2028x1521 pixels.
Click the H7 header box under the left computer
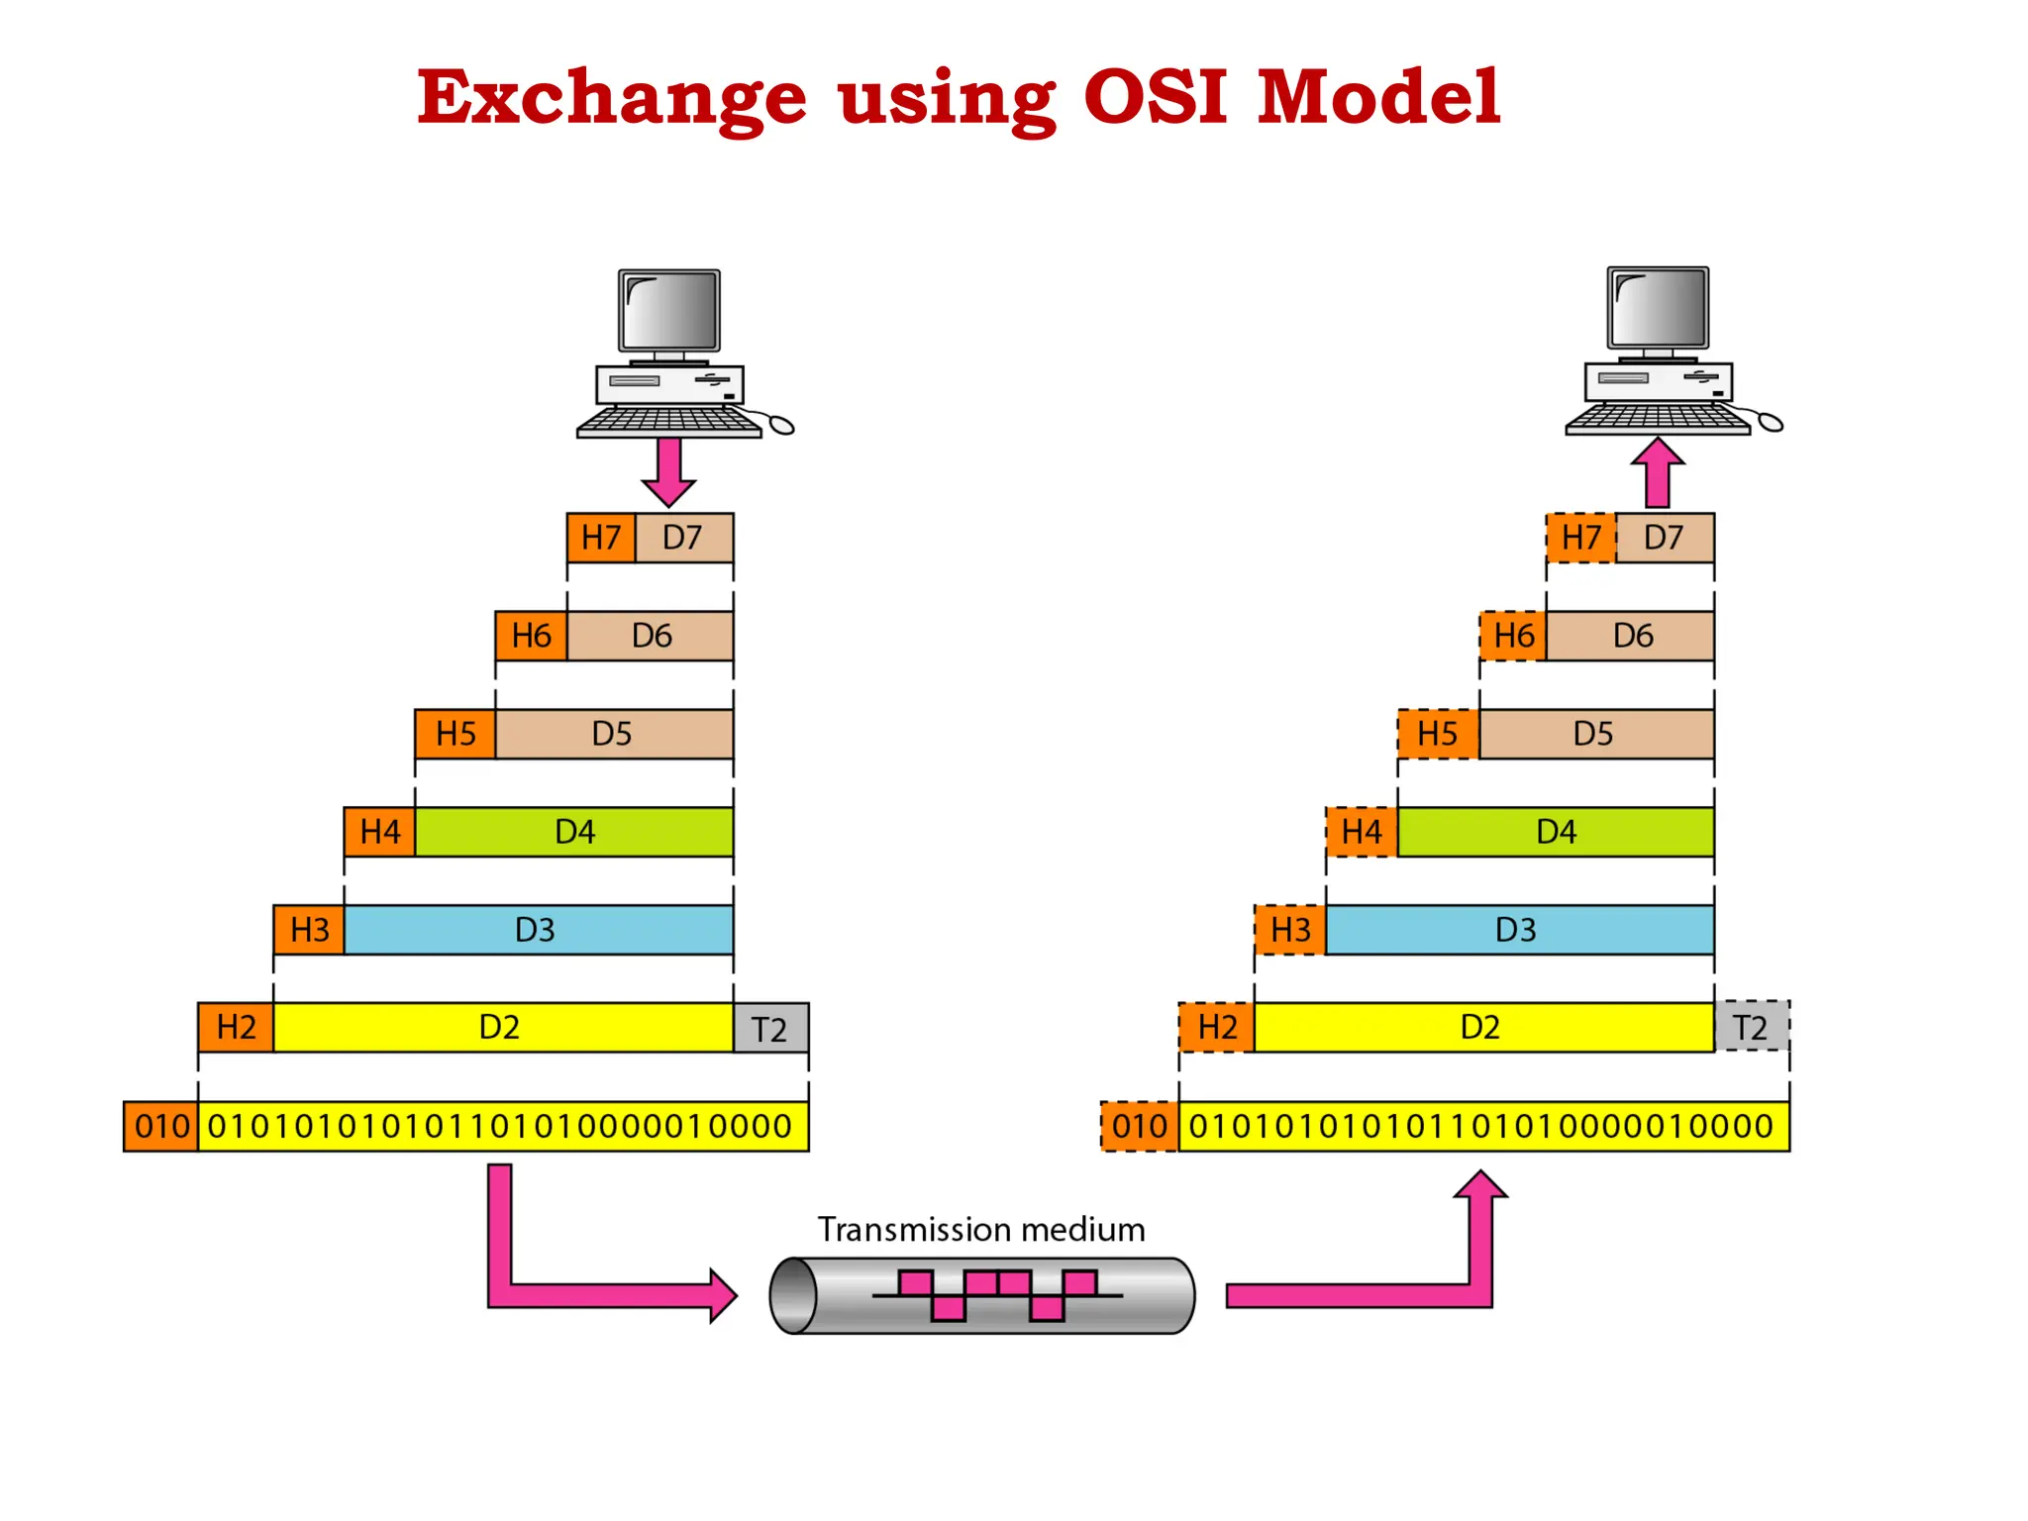tap(600, 538)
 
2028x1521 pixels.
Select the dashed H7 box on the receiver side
tap(1580, 538)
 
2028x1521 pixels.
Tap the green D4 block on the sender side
tap(574, 832)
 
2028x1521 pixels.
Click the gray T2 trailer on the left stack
tap(770, 1028)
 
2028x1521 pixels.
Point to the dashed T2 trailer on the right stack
tap(1751, 1027)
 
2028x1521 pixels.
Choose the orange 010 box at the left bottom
tap(160, 1126)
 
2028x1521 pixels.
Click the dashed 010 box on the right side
tap(1139, 1126)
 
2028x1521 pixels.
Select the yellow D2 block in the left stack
tap(501, 1028)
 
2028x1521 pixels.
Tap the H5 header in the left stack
tap(456, 734)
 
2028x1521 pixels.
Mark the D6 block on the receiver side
tap(1631, 636)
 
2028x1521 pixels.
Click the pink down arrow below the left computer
tap(669, 471)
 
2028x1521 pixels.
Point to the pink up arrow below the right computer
tap(1658, 473)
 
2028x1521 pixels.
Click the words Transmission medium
tap(980, 1230)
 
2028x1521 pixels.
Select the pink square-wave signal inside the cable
tap(997, 1294)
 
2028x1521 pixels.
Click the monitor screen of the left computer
tap(669, 309)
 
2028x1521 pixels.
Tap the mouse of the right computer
tap(1771, 424)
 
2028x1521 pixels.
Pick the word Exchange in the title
tap(611, 99)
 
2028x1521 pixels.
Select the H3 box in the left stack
tap(309, 930)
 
